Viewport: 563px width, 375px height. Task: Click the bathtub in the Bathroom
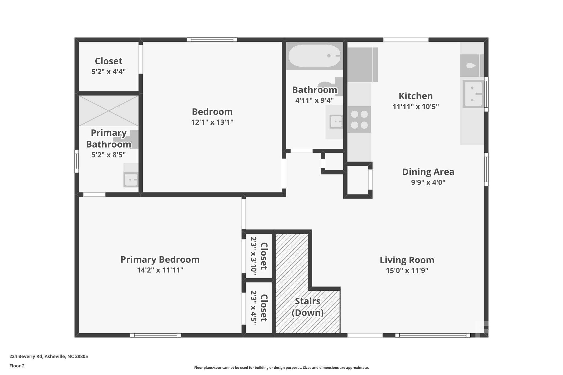coord(314,56)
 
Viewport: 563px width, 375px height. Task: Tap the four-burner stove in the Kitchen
coord(359,120)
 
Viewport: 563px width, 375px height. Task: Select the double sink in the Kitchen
coord(473,94)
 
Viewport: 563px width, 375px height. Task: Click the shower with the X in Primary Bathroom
coord(109,111)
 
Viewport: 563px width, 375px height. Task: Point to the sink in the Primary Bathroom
coord(131,179)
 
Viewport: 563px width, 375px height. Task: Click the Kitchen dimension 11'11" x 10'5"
coord(415,107)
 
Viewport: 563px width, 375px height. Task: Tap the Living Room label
coord(407,260)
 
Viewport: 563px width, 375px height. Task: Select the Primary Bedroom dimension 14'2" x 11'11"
coord(160,270)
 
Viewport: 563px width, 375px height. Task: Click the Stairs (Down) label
coord(307,307)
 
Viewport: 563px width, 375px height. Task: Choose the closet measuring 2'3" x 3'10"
coord(259,256)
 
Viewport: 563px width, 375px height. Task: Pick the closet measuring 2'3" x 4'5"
coord(259,308)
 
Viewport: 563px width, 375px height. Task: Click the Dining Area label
coord(428,172)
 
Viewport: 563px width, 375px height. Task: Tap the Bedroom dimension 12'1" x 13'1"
coord(212,122)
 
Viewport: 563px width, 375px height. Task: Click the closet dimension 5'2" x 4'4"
coord(108,72)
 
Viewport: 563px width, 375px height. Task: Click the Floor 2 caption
coord(17,366)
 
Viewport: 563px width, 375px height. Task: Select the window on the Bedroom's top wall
coord(212,40)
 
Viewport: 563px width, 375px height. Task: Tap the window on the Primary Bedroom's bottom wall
coord(156,335)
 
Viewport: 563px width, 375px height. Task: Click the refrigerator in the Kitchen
coord(362,65)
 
